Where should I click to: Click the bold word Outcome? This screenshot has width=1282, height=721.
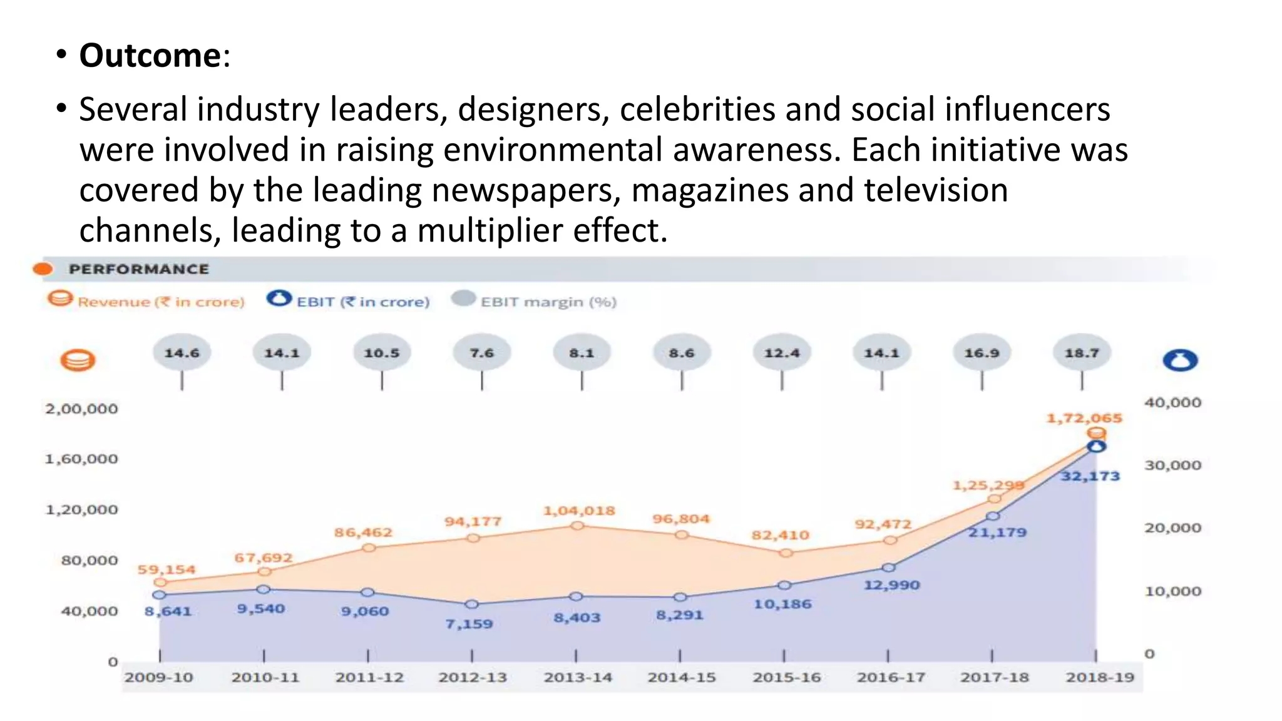150,56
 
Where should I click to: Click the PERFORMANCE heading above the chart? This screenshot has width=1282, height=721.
139,269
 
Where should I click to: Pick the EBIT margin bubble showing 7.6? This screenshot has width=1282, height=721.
481,353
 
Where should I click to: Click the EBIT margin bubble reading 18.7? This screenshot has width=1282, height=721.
1082,353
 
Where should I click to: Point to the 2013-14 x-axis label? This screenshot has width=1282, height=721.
577,677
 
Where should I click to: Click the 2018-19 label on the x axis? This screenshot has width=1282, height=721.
1099,677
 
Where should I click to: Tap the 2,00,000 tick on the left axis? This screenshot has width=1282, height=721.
81,409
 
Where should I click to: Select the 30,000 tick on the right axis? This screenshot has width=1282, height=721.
1172,465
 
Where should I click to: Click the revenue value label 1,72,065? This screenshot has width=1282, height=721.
1084,418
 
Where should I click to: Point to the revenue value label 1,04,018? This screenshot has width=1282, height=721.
579,511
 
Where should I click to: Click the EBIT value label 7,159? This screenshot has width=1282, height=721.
469,623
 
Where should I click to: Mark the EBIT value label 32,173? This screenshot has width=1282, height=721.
1090,476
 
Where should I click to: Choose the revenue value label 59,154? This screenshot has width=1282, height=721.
167,570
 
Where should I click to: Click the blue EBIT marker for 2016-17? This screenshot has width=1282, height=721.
889,568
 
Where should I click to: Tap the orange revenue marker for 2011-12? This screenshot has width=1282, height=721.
369,548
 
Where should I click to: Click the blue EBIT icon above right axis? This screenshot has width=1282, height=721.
1180,360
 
